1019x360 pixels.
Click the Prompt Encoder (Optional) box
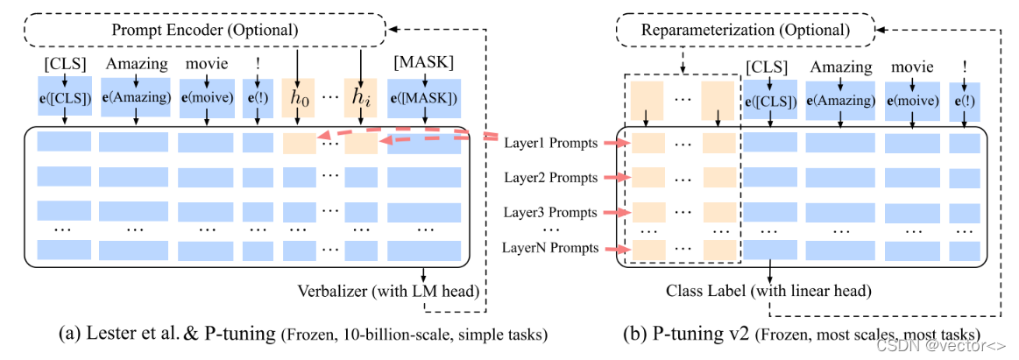click(204, 30)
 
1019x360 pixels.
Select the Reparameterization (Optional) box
click(746, 30)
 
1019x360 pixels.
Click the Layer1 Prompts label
click(549, 143)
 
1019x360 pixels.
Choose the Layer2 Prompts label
click(549, 178)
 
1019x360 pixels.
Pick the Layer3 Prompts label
click(549, 213)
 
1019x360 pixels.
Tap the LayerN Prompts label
click(549, 248)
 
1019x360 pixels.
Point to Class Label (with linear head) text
click(767, 290)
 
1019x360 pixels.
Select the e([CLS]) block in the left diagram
click(66, 97)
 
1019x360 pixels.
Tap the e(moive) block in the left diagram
click(205, 97)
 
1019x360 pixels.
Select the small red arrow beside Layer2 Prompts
click(615, 179)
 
